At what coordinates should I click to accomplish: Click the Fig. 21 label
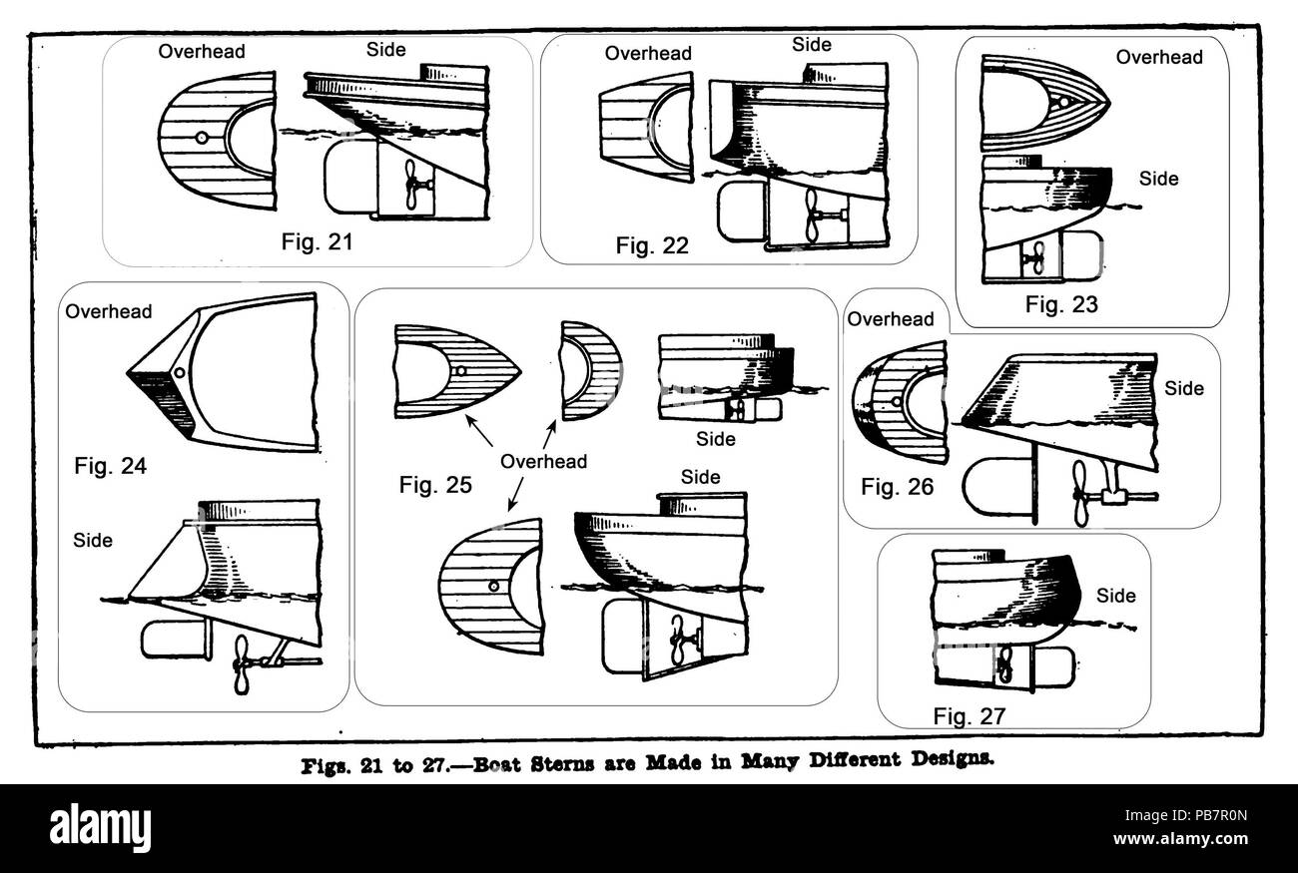tap(317, 242)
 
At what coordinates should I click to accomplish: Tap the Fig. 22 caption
tap(652, 246)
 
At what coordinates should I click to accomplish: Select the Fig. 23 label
tap(1061, 304)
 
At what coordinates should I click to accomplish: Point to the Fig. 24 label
tap(110, 466)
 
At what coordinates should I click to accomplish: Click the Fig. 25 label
tap(435, 485)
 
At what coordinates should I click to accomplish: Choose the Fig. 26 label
tap(897, 488)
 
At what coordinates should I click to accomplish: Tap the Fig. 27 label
tap(969, 716)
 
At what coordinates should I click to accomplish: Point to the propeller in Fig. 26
tap(1081, 493)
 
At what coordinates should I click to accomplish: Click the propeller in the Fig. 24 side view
tap(241, 664)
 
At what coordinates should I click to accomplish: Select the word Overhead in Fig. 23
tap(1159, 57)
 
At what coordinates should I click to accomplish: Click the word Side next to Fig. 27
tap(1115, 596)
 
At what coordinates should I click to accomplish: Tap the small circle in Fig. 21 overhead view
tap(202, 138)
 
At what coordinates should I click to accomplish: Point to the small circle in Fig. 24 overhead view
tap(180, 373)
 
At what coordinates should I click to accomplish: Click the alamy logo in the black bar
tap(100, 828)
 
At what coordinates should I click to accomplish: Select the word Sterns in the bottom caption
tap(562, 763)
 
